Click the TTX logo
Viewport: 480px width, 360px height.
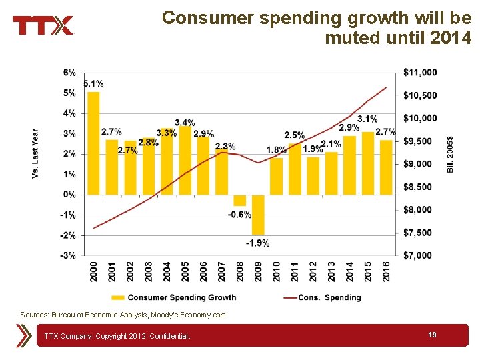point(43,25)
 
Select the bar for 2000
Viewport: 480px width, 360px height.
point(93,143)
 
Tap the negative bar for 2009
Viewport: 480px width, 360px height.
point(258,214)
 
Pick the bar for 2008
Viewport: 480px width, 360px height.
point(239,200)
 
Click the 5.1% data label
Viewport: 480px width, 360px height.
point(93,83)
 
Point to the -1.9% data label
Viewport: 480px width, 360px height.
point(257,243)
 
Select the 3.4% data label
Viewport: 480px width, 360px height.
point(185,122)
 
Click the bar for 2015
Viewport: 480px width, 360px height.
point(367,163)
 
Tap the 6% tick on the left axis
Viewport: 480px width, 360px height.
point(69,72)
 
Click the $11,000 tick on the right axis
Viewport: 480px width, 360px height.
point(420,72)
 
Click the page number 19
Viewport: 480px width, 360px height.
point(432,335)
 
